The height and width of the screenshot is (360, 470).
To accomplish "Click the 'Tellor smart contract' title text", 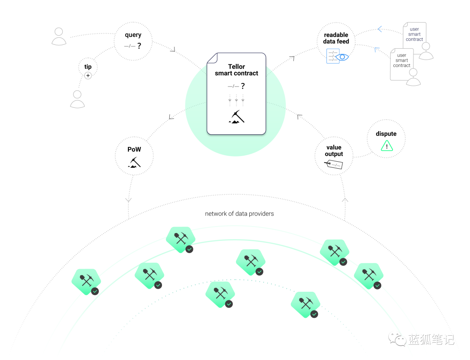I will [x=236, y=70].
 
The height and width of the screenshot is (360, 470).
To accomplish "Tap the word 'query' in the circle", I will [x=133, y=35].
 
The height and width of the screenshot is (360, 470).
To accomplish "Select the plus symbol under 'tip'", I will [x=88, y=76].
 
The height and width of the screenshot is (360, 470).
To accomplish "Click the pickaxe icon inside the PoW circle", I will [x=134, y=162].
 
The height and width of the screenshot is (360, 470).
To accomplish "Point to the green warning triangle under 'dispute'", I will [x=386, y=146].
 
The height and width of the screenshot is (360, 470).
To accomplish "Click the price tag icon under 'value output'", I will [x=333, y=164].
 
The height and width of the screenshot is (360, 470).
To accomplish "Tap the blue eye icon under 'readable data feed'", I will [x=342, y=57].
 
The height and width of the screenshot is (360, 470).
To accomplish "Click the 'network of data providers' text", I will [x=239, y=214].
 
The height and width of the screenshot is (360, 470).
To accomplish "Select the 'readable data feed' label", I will [x=336, y=38].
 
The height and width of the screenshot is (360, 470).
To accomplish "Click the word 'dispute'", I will [x=386, y=134].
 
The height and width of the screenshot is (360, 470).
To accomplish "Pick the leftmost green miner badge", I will [x=86, y=282].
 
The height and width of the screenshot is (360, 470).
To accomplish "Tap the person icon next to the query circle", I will [x=59, y=37].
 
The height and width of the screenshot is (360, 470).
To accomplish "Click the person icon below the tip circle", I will [x=77, y=99].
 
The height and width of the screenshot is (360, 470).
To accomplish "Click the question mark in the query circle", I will [x=139, y=46].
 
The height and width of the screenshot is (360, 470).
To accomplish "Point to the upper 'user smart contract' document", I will [x=414, y=34].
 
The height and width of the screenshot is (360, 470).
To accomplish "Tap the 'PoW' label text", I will [x=134, y=149].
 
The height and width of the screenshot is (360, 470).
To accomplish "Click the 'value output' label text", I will [x=334, y=150].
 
